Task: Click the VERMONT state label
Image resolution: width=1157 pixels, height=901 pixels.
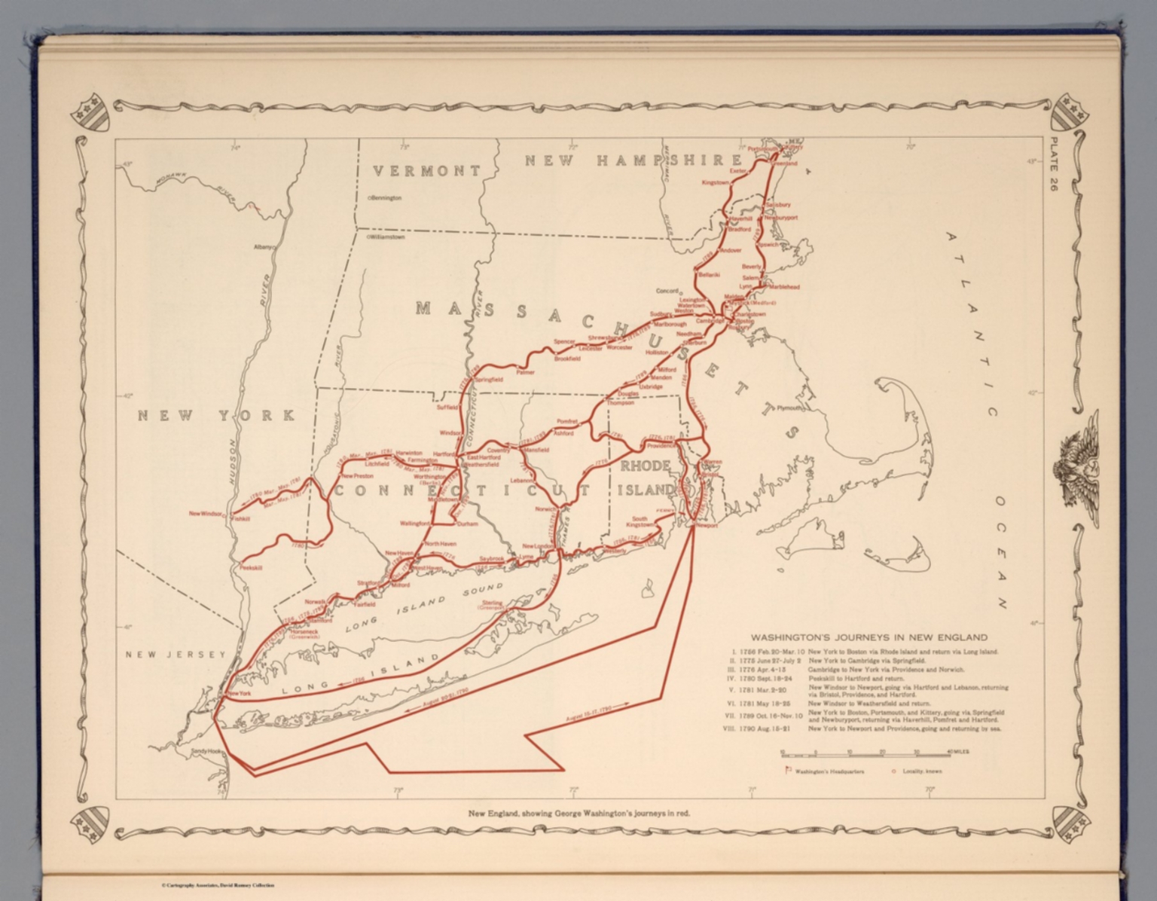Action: (x=426, y=171)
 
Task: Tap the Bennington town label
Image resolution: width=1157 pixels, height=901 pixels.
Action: (x=386, y=198)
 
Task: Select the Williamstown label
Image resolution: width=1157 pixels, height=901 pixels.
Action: (x=387, y=237)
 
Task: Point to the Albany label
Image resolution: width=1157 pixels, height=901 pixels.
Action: (x=264, y=246)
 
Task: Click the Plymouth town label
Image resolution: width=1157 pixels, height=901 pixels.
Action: (x=790, y=408)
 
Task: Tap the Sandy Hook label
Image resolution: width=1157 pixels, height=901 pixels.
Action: (x=206, y=751)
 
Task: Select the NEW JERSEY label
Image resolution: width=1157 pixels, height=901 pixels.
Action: (x=175, y=655)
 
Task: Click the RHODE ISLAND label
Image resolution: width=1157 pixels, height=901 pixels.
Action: (x=645, y=478)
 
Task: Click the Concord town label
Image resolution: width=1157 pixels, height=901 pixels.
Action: (x=667, y=291)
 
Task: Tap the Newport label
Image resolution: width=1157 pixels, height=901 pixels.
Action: (x=707, y=526)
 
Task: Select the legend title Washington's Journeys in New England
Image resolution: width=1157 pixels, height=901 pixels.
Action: (x=869, y=637)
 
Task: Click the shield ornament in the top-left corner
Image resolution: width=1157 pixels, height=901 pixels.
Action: (x=89, y=111)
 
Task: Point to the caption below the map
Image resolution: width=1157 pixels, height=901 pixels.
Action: (x=578, y=813)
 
